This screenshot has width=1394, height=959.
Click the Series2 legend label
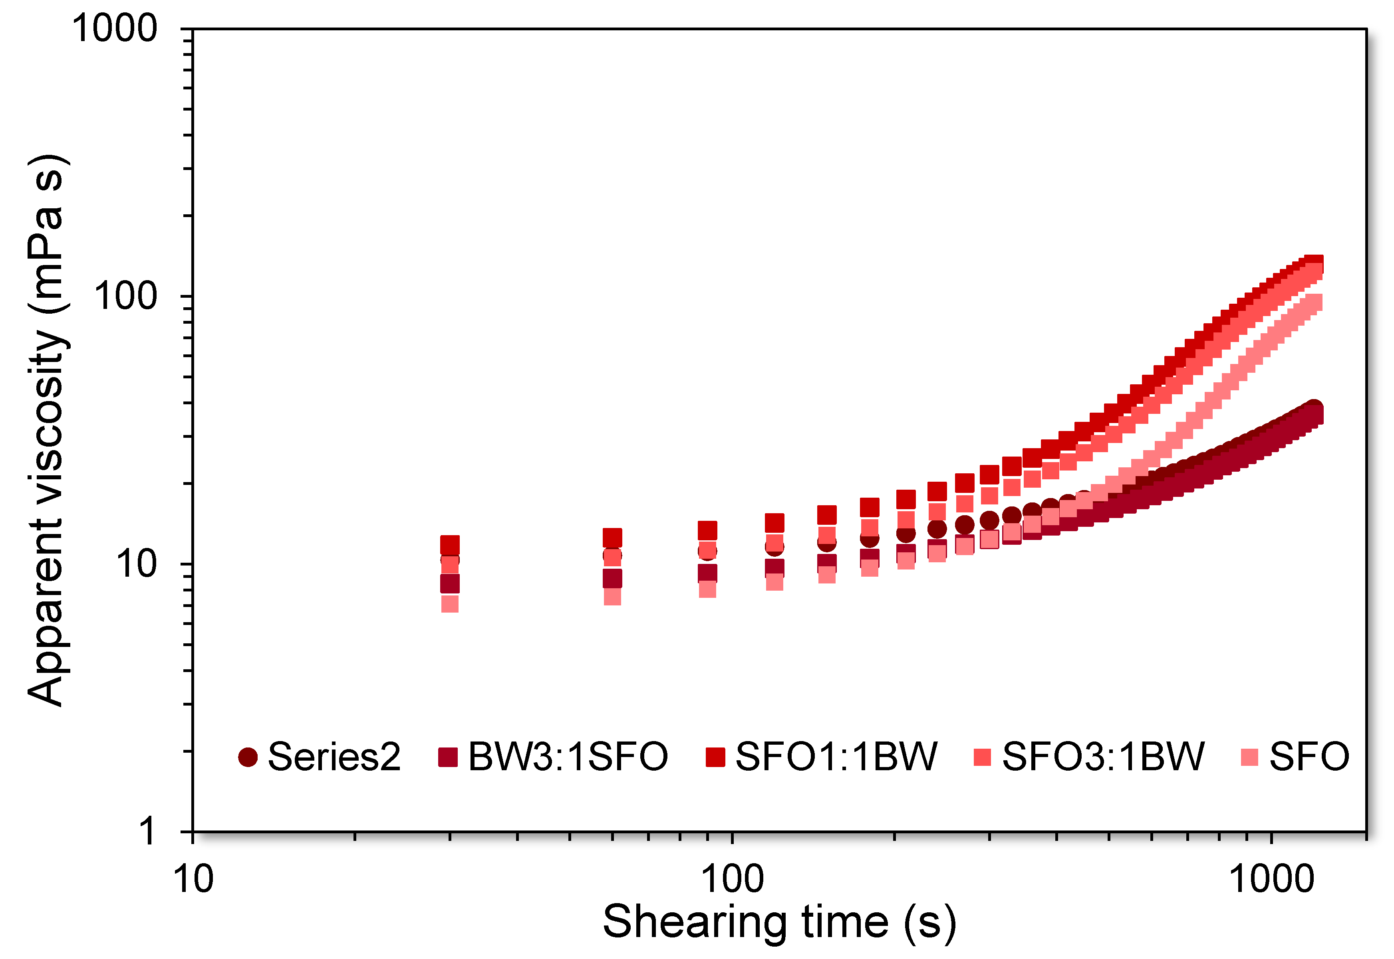point(334,757)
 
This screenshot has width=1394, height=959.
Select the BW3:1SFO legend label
point(568,757)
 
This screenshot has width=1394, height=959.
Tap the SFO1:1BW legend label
point(836,757)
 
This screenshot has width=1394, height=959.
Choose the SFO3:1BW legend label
point(1103,757)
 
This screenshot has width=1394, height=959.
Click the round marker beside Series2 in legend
point(248,757)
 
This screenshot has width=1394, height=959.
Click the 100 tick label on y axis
point(125,296)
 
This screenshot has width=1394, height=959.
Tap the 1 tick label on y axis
point(147,832)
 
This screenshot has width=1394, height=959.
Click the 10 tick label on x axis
point(193,879)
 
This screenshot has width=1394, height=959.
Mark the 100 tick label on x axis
point(733,879)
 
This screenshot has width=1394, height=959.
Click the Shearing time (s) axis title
point(779,922)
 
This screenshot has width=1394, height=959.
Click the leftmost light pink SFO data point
point(450,604)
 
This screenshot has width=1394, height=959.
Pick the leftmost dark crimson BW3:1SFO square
point(450,583)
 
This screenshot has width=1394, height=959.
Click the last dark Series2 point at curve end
point(1314,409)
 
